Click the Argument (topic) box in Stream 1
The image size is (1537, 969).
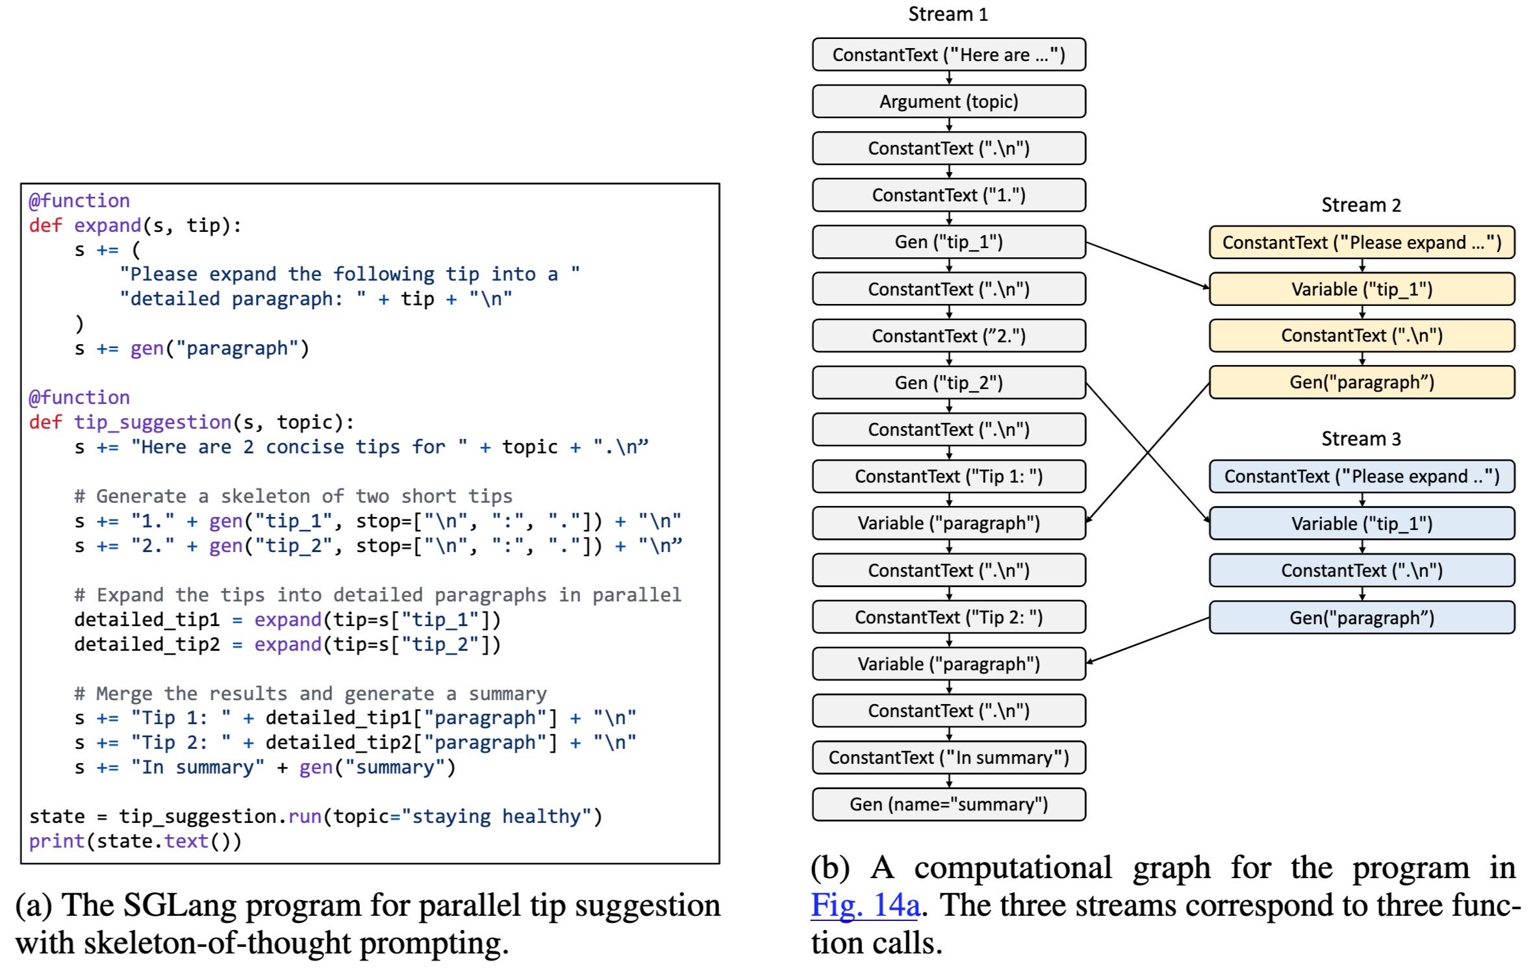pos(948,101)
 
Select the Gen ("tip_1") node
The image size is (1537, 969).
pos(948,242)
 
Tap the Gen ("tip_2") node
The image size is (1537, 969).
pos(948,383)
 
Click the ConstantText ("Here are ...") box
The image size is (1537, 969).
pos(948,55)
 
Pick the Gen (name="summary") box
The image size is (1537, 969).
pos(948,804)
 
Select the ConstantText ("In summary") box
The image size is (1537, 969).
pos(948,757)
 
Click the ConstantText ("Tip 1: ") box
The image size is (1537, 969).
pos(948,476)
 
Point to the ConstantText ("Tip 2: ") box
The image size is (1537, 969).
pos(948,617)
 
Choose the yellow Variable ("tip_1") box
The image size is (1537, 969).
pos(1362,289)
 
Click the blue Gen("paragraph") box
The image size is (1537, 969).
pos(1362,618)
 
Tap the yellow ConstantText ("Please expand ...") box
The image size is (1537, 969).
pos(1362,242)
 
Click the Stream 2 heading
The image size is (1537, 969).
pos(1361,205)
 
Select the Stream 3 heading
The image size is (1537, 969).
pos(1361,439)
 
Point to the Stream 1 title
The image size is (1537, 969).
pos(948,14)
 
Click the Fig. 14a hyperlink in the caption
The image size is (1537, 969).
pos(865,905)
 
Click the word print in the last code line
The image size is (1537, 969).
pos(57,841)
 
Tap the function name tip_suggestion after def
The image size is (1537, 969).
pos(153,422)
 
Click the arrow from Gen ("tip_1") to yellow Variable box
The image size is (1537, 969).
pos(1147,265)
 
